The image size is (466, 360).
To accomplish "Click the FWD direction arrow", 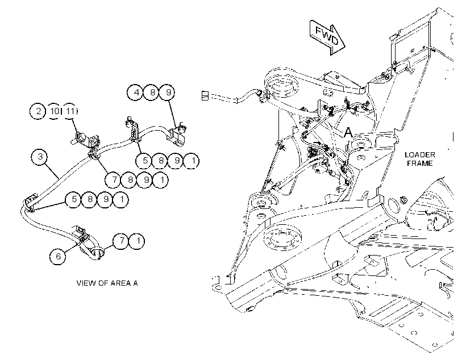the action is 327,37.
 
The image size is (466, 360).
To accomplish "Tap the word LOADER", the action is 419,155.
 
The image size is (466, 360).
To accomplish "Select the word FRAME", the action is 419,163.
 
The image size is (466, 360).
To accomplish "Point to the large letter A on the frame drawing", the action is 348,132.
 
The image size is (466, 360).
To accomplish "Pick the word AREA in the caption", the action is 120,283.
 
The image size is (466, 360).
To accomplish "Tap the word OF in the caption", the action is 101,283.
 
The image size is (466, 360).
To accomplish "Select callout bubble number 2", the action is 38,111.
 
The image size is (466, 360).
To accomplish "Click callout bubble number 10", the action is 54,111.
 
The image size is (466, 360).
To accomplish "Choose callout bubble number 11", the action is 70,111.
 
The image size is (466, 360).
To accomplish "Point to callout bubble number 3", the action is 40,157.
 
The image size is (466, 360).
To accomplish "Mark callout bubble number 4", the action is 136,93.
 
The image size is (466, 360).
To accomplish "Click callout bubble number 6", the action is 58,256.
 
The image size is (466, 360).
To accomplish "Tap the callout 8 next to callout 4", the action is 152,93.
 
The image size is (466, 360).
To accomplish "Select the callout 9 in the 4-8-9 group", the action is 168,93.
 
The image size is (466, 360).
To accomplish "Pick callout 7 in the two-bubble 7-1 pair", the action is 121,241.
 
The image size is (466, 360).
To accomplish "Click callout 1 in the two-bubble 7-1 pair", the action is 138,241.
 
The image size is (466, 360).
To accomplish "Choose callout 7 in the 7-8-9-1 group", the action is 114,179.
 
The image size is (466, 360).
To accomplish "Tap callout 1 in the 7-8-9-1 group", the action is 162,179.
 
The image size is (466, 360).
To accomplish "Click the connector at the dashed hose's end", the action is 205,95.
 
